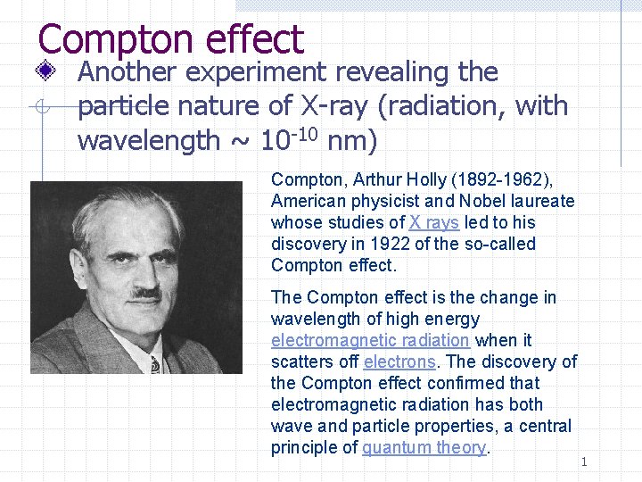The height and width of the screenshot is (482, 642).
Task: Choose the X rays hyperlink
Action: click(x=433, y=222)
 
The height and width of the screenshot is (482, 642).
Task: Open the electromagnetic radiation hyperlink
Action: click(x=370, y=340)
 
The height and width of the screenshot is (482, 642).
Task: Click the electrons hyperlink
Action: click(x=399, y=361)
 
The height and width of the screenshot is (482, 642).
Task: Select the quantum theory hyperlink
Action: click(x=424, y=447)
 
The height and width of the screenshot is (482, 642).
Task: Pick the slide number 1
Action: click(x=584, y=461)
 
